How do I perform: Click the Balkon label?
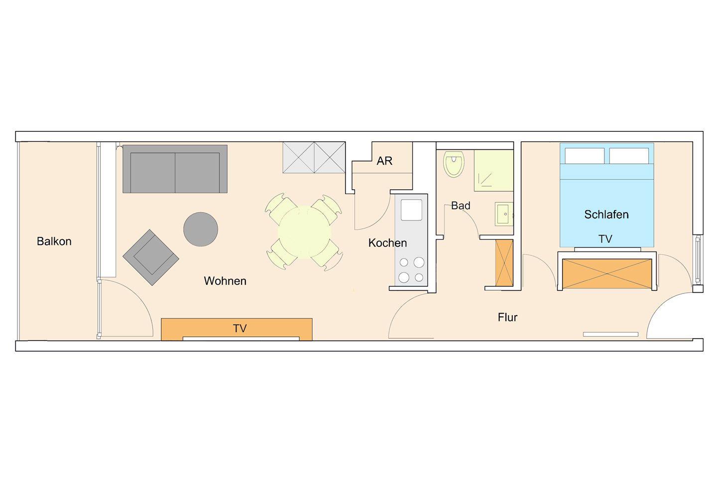(x=54, y=241)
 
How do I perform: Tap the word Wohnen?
(x=225, y=281)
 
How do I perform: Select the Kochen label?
(x=387, y=243)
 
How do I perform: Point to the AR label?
(x=384, y=161)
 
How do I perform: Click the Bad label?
(x=461, y=206)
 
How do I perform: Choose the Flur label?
(x=507, y=317)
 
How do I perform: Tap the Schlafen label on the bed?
(x=606, y=215)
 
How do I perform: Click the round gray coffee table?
(x=201, y=229)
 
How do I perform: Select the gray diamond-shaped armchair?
(x=151, y=257)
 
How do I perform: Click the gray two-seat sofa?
(x=175, y=169)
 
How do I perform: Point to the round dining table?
(x=304, y=232)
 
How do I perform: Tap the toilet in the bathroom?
(x=454, y=164)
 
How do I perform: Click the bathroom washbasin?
(x=504, y=214)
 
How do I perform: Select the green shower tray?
(x=493, y=170)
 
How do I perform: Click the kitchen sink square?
(x=411, y=210)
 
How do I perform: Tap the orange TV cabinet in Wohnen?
(x=237, y=329)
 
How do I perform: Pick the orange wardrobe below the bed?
(x=607, y=274)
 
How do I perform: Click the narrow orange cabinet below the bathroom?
(x=504, y=262)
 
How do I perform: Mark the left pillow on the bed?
(x=585, y=156)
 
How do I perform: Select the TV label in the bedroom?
(x=605, y=239)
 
